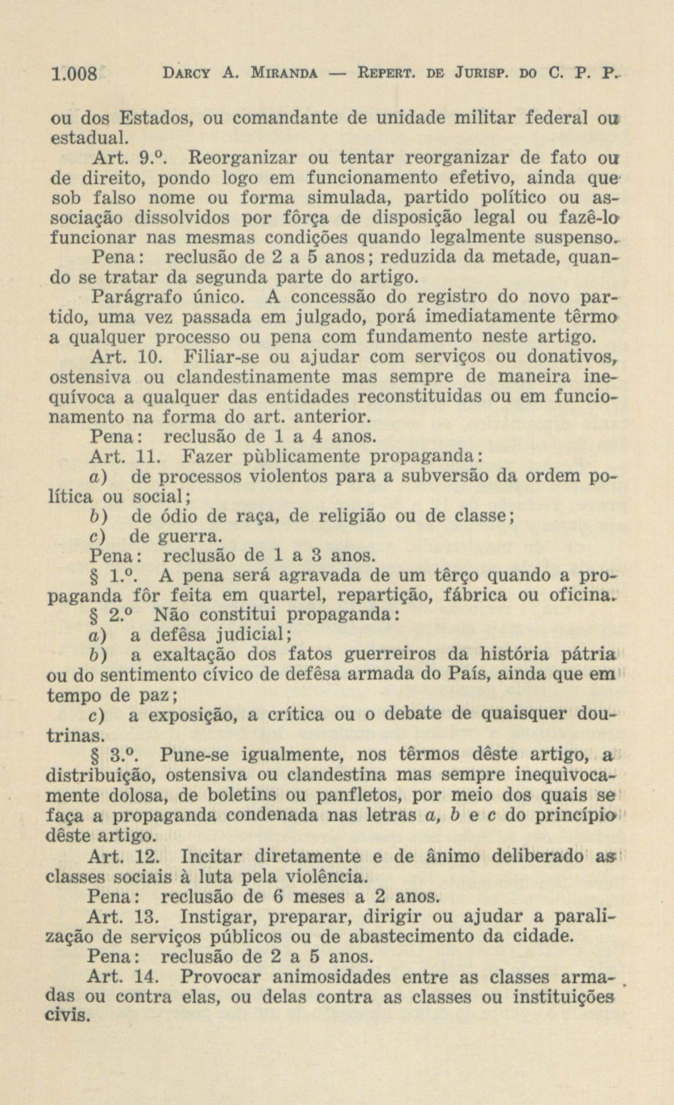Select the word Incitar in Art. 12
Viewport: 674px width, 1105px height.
(211, 857)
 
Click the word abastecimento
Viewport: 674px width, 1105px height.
(412, 936)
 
